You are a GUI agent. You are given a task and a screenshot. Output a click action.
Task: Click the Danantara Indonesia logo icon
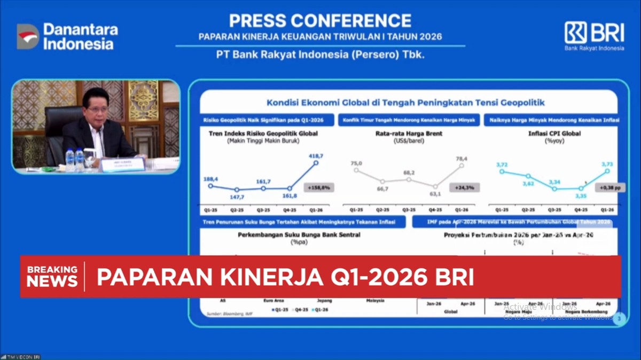pos(28,36)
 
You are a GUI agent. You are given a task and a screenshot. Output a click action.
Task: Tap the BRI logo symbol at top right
pos(575,33)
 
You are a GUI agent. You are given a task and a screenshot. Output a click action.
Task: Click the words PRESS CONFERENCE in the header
pos(320,20)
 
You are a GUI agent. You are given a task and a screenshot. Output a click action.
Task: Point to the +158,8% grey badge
pos(319,187)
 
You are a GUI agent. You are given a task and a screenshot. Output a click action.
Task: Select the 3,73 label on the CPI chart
pos(607,165)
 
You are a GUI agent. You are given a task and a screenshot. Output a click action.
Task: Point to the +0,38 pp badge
pos(609,187)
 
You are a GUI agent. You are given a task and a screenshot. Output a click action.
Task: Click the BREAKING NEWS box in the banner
pos(52,276)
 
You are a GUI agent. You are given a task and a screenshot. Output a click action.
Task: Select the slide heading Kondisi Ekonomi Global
pos(405,103)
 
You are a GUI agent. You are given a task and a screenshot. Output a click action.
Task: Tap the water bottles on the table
pos(75,159)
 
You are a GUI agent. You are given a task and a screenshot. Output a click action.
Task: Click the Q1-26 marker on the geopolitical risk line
pos(316,162)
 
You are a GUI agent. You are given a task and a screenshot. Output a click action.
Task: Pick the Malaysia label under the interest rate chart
pos(375,300)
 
